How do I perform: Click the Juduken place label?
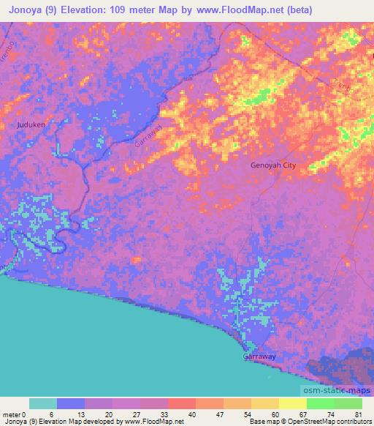pos(31,125)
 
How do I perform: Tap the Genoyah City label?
pos(273,166)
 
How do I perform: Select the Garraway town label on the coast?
pos(259,356)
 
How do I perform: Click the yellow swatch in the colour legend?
pos(293,403)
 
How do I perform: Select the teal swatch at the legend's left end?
pos(43,403)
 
